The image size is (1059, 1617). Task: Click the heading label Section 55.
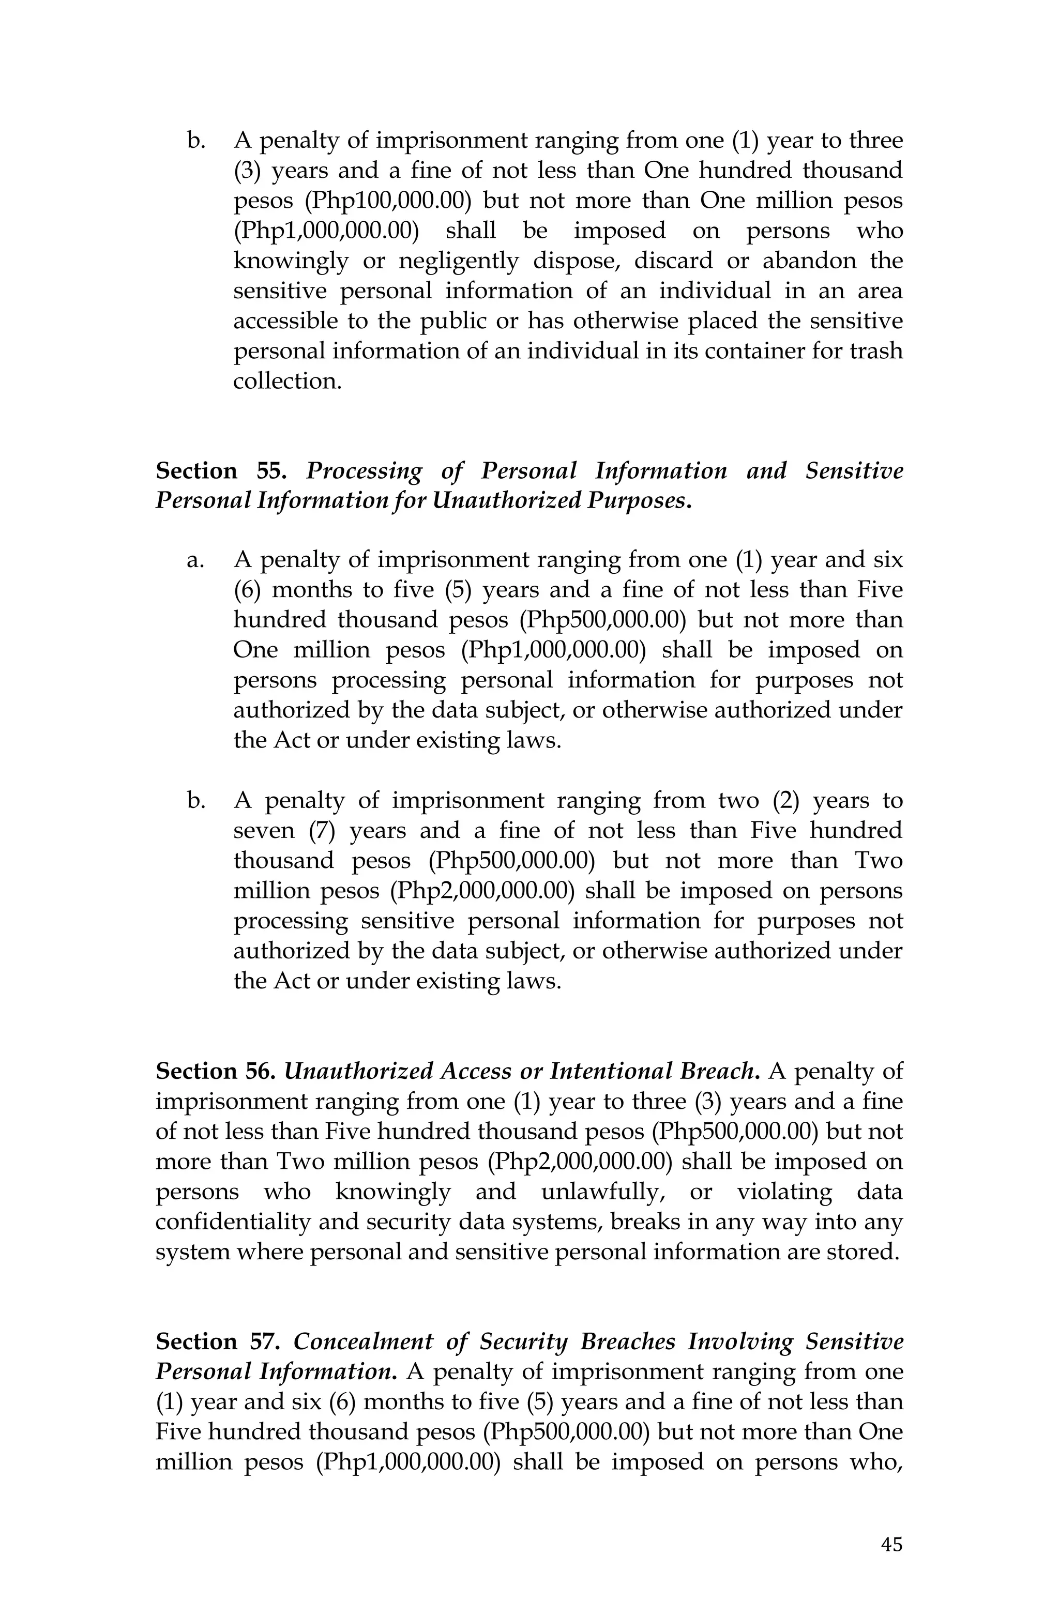[x=221, y=471]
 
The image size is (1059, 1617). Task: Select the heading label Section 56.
[x=215, y=1072]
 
